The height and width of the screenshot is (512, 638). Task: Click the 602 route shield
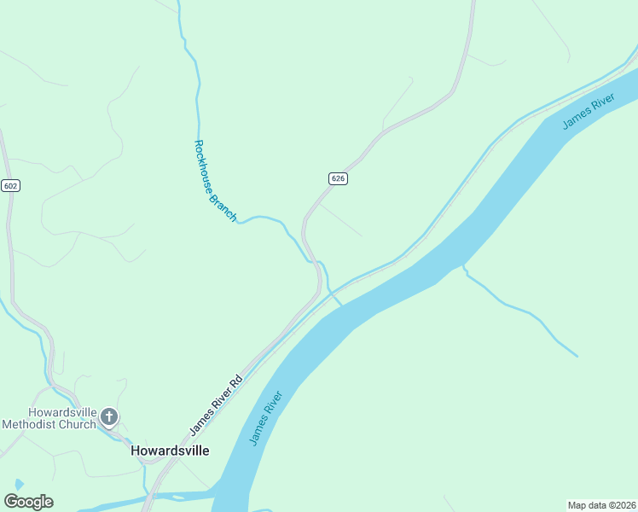click(x=10, y=185)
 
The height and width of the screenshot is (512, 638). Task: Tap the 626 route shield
click(x=338, y=178)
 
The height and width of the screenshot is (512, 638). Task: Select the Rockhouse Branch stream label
click(x=215, y=181)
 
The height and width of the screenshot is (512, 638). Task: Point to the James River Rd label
click(x=217, y=400)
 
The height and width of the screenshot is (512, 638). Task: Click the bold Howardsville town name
click(x=170, y=451)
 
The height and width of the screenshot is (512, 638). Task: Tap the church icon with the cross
click(x=109, y=416)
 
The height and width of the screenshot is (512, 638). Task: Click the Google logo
click(x=28, y=501)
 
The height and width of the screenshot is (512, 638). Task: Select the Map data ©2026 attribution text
click(x=600, y=504)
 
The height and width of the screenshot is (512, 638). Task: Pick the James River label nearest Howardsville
click(x=265, y=418)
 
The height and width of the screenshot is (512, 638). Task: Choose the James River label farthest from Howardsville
click(x=589, y=113)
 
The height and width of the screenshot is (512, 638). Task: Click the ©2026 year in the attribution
click(x=618, y=504)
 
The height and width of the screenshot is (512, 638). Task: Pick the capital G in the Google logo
click(x=10, y=501)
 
